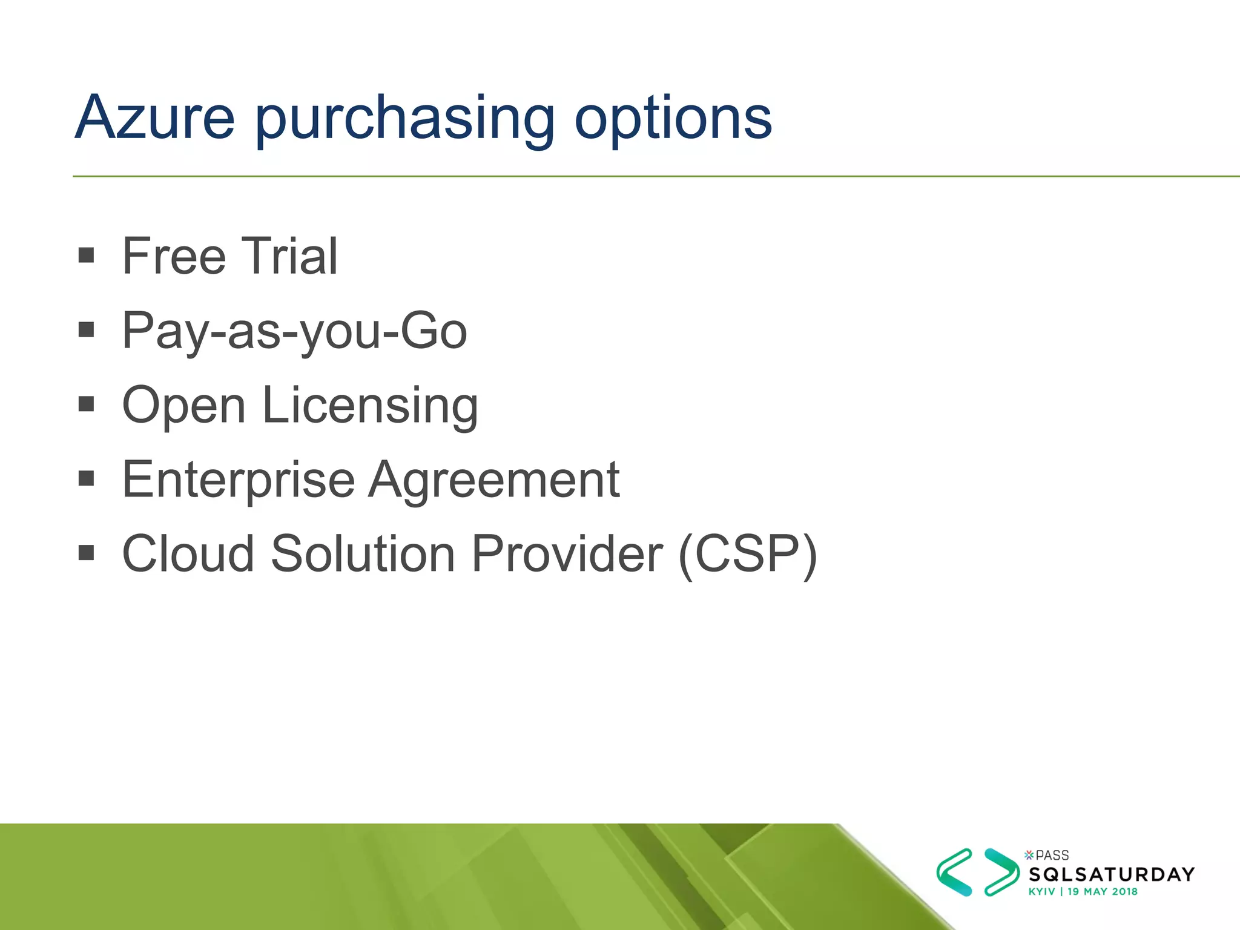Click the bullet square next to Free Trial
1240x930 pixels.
[87, 255]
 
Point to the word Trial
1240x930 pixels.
[289, 256]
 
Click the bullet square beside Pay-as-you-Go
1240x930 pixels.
[87, 329]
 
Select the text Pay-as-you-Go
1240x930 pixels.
[294, 331]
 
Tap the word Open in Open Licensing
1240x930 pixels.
[183, 405]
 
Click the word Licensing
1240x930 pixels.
[370, 405]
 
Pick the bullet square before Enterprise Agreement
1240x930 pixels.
[87, 478]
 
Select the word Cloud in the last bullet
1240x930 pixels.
[188, 553]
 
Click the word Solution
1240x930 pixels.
[363, 553]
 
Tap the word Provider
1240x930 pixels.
[567, 553]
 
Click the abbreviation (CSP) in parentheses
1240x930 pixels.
[748, 553]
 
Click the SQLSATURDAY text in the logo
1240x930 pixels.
[1112, 874]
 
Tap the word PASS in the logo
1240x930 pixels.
[1052, 855]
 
